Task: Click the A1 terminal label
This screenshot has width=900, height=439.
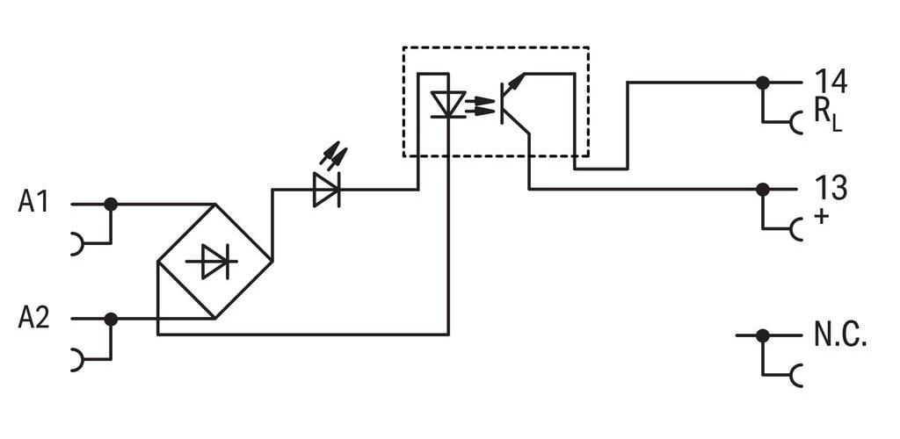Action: click(x=33, y=203)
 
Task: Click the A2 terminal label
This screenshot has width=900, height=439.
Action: click(x=34, y=318)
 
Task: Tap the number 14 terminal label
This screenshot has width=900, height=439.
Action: click(x=831, y=82)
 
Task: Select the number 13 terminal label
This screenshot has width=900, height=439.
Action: click(x=831, y=189)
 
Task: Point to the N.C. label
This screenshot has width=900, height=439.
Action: click(x=840, y=335)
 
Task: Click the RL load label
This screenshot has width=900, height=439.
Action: click(x=828, y=118)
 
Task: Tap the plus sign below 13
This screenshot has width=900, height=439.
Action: click(x=822, y=217)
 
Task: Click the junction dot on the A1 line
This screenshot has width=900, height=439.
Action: click(x=111, y=204)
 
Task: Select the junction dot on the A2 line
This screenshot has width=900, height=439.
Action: click(x=111, y=320)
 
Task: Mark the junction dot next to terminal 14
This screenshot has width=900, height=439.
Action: click(x=762, y=83)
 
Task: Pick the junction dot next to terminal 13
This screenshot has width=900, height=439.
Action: click(x=762, y=189)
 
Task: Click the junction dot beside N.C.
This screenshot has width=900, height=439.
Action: click(x=762, y=336)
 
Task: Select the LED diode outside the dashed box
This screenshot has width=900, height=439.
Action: click(x=327, y=190)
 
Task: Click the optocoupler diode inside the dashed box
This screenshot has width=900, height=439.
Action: click(x=448, y=104)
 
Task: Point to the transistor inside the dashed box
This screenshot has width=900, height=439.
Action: click(x=515, y=103)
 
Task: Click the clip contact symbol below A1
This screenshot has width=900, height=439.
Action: click(x=77, y=243)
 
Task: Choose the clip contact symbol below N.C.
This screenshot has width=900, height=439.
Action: click(x=796, y=376)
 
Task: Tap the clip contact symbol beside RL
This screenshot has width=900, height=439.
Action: click(x=796, y=123)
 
